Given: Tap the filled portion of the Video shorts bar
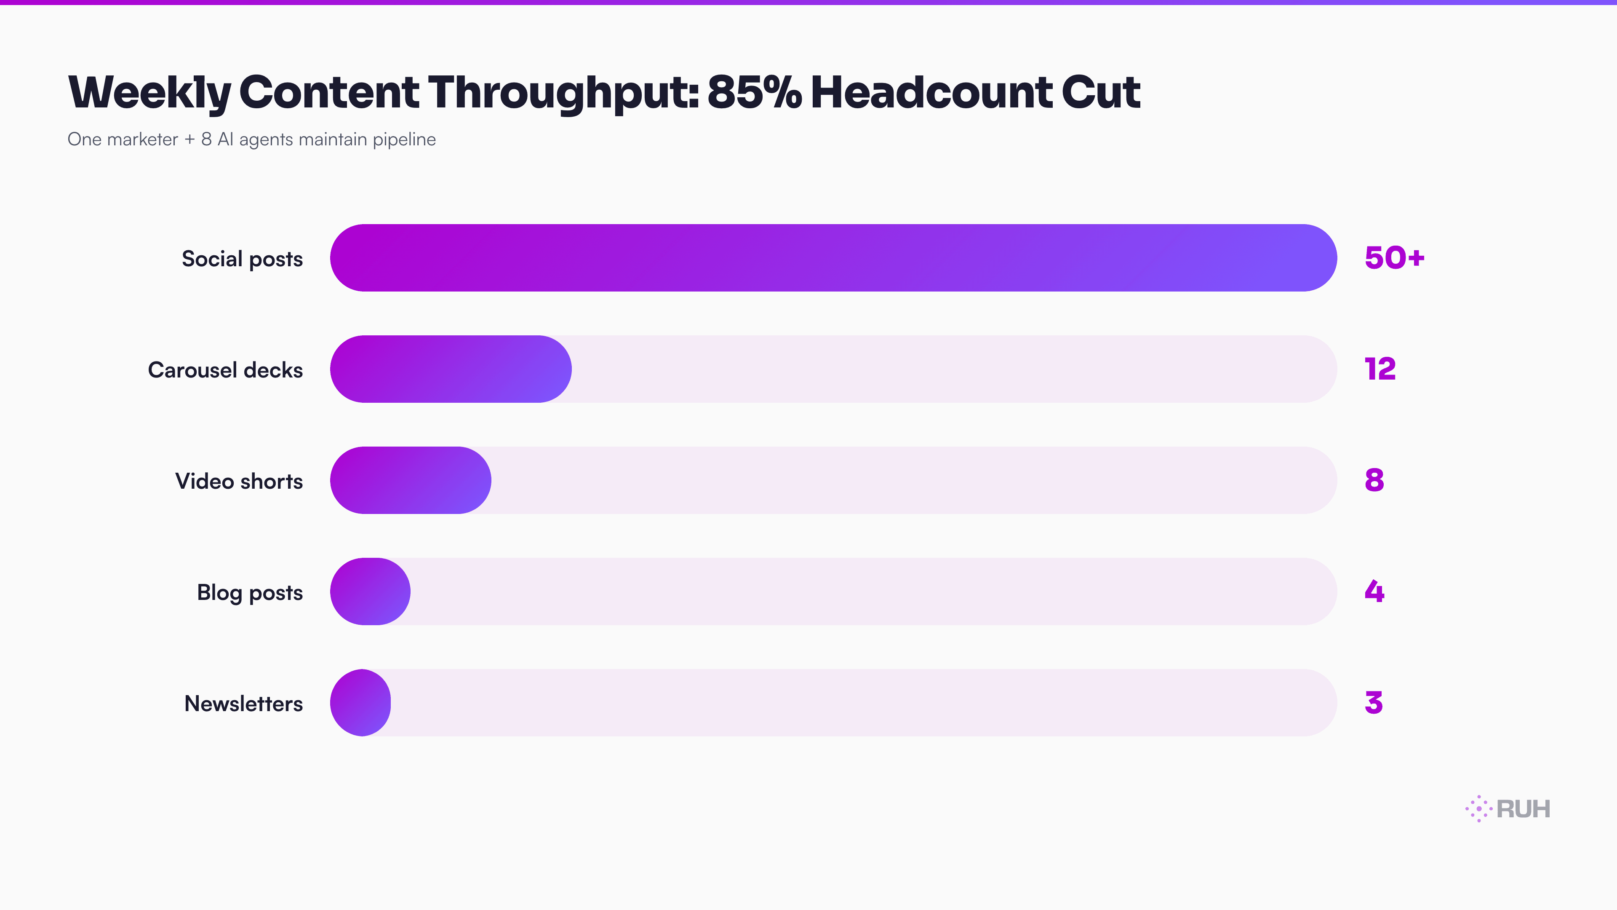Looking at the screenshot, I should click(411, 480).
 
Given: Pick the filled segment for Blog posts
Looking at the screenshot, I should click(371, 591).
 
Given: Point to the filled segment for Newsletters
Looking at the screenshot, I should click(360, 702).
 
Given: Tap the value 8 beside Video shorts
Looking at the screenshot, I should click(1374, 480).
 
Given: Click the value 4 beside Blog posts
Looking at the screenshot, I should click(1374, 591).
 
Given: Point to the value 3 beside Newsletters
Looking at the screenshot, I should click(1374, 702).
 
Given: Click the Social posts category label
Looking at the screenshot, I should click(242, 259).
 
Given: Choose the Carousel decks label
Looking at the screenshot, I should click(225, 370).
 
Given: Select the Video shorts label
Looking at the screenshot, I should click(239, 481).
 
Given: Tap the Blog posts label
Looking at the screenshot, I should click(250, 592).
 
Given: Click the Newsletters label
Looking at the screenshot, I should click(243, 704).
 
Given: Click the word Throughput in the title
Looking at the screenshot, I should click(563, 92).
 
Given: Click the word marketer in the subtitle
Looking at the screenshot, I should click(142, 139).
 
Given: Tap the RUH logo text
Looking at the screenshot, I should click(1523, 809).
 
